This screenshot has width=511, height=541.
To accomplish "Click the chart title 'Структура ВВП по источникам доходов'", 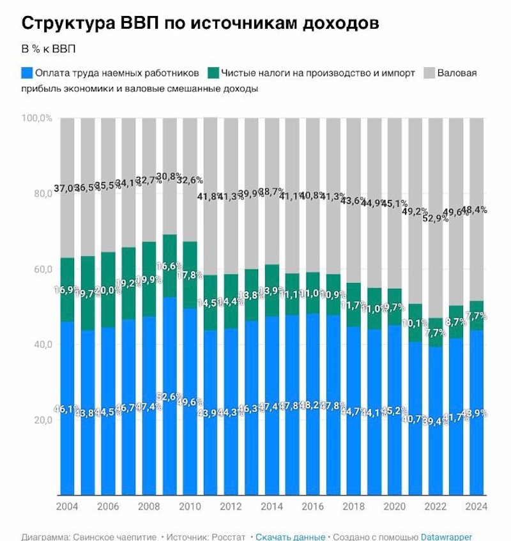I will [x=201, y=23].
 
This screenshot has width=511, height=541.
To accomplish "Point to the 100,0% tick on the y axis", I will [x=36, y=118].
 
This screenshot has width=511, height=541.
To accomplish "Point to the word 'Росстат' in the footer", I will [x=227, y=537].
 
